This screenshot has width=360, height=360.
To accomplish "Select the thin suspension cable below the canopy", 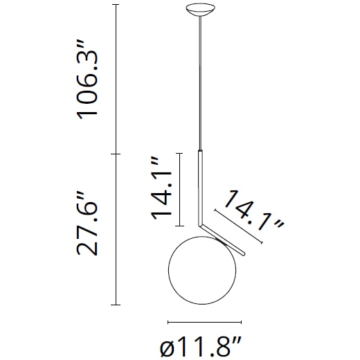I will click(x=201, y=83).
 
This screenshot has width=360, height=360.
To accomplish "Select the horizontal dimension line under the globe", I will click(x=204, y=322).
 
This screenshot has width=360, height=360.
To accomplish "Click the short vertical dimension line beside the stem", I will click(x=180, y=189).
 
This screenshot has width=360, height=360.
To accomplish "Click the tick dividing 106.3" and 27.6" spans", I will click(x=115, y=153).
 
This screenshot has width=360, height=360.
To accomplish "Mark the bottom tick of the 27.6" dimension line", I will click(x=115, y=305).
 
